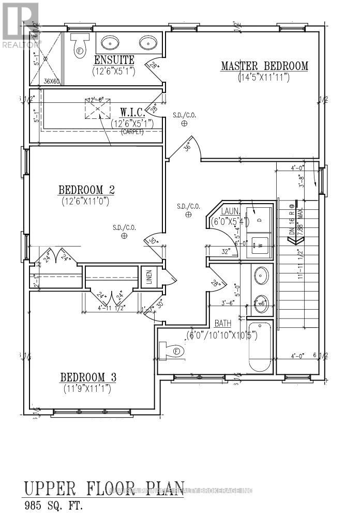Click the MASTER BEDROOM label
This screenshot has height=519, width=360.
pyautogui.click(x=264, y=66)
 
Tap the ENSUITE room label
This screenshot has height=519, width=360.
pyautogui.click(x=114, y=60)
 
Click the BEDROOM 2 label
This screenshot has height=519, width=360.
pyautogui.click(x=86, y=190)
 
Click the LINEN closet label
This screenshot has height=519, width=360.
pyautogui.click(x=148, y=278)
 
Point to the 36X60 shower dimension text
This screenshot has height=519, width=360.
pyautogui.click(x=51, y=81)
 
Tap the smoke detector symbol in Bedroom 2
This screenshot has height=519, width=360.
pyautogui.click(x=124, y=236)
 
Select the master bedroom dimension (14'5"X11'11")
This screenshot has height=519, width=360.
pyautogui.click(x=264, y=78)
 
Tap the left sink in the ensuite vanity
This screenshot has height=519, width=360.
pyautogui.click(x=109, y=42)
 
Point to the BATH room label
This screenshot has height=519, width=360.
pyautogui.click(x=223, y=324)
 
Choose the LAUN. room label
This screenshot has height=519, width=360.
pyautogui.click(x=230, y=212)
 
